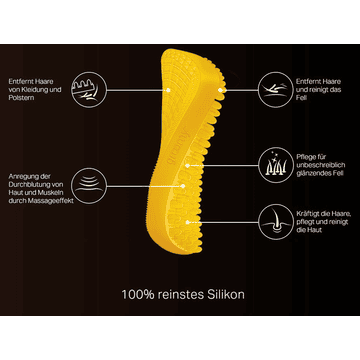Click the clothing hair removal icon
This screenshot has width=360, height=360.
click(89, 90)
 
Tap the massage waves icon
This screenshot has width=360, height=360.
click(89, 186)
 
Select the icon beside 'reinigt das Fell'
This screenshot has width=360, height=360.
click(276, 90)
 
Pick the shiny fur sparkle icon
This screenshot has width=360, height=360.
click(276, 165)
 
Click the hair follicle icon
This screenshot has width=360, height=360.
click(276, 222)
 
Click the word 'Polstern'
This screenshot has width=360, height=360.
click(21, 98)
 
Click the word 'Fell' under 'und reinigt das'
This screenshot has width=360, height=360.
click(301, 98)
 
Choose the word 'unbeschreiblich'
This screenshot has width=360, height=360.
click(320, 165)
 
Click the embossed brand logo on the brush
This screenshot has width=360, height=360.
click(176, 143)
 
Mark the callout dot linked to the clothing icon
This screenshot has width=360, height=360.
click(168, 90)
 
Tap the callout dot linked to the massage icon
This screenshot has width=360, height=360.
click(183, 186)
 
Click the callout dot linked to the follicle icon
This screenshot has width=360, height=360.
click(188, 222)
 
